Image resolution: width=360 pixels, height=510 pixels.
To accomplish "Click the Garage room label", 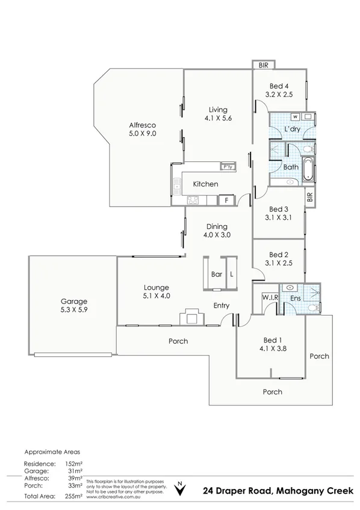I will tap(73, 301).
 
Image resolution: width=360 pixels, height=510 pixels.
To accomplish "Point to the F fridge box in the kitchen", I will tap(226, 201).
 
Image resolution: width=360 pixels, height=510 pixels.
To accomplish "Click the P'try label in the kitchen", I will tap(228, 167).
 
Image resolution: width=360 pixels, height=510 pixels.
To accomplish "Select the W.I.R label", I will tap(269, 298).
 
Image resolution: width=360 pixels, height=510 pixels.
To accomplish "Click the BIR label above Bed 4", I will tap(263, 64).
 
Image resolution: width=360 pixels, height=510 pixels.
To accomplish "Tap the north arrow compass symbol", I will tap(179, 487).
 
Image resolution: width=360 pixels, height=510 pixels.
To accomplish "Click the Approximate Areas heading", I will tap(52, 451).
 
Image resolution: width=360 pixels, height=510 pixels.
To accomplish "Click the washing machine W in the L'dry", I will tap(296, 116).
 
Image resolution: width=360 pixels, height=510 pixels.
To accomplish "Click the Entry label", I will tap(222, 306).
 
